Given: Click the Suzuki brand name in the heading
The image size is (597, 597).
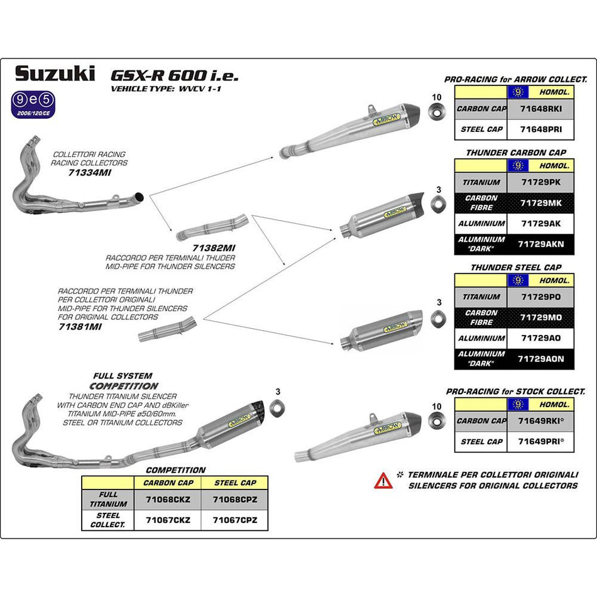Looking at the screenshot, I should click(x=55, y=74).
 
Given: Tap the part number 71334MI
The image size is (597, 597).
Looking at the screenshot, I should click(x=89, y=172).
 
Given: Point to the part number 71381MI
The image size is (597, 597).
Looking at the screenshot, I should click(x=80, y=327).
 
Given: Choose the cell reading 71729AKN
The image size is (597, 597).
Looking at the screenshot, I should click(x=540, y=244).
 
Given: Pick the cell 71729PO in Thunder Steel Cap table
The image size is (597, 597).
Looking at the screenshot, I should click(x=540, y=297).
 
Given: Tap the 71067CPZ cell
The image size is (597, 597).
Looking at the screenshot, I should click(x=234, y=520).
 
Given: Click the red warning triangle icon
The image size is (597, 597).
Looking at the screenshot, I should click(x=383, y=481).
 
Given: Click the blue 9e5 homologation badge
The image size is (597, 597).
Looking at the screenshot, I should click(x=37, y=100).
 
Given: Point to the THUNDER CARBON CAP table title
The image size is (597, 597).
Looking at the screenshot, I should click(x=515, y=153).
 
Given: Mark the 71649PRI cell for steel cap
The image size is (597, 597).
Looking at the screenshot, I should click(x=540, y=442).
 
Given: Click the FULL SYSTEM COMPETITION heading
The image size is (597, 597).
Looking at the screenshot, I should click(x=123, y=381).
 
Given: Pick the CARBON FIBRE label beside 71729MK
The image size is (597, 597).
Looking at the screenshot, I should click(x=481, y=202).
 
